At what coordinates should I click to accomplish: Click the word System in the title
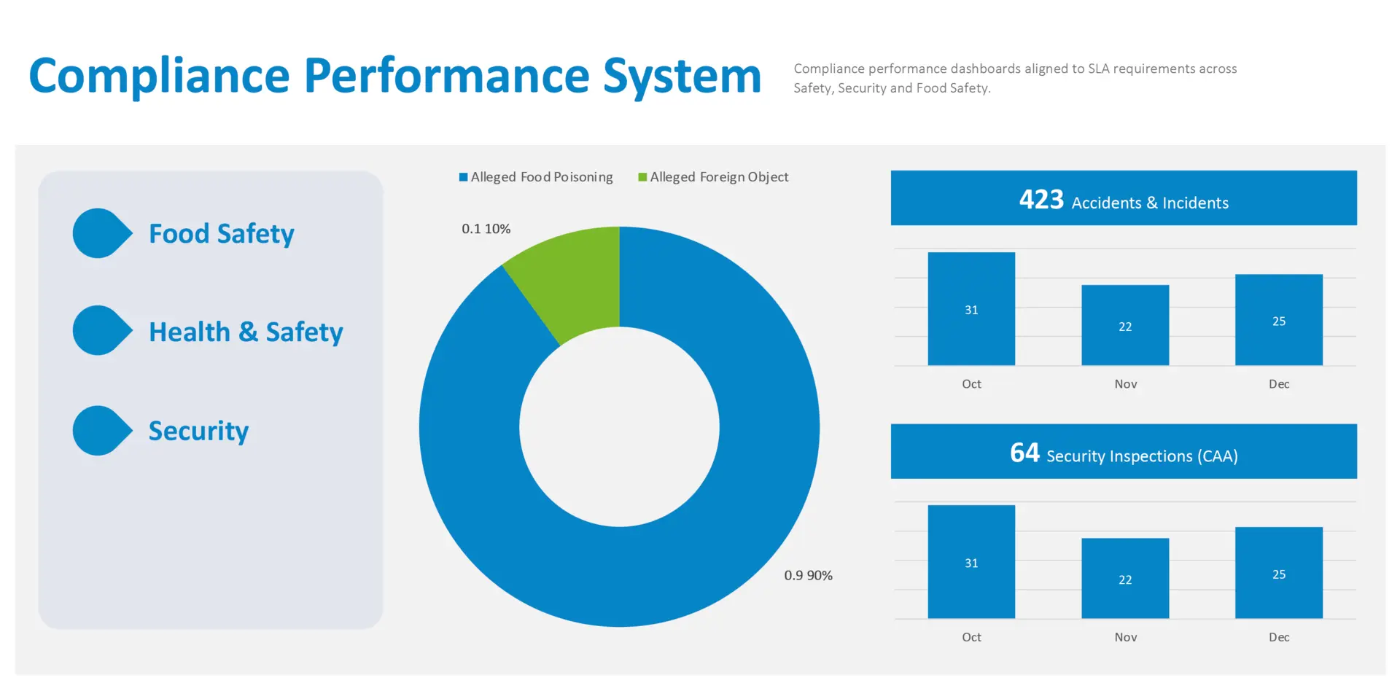coord(682,77)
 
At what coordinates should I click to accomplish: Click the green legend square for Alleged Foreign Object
coord(642,177)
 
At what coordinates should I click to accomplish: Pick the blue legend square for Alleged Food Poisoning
coord(463,177)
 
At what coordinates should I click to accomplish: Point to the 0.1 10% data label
coord(486,229)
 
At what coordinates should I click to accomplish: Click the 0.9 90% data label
coord(808,575)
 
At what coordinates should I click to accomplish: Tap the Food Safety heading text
coord(222,234)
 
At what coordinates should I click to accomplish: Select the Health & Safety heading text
coord(246,332)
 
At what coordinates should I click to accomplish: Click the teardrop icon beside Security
coord(102,431)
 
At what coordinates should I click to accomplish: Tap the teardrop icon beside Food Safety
coord(102,233)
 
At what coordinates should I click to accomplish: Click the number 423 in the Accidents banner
coord(1041,199)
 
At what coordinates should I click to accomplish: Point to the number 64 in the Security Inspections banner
coord(1024,453)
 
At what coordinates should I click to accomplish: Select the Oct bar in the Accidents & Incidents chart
coord(971,309)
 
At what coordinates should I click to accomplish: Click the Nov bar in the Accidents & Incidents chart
coord(1125,325)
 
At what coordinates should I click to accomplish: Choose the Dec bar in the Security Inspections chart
coord(1279,573)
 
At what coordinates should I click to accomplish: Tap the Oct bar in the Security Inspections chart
coord(971,562)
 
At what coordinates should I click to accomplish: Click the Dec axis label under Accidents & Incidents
coord(1279,384)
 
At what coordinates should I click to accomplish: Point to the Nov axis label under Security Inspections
coord(1126,637)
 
